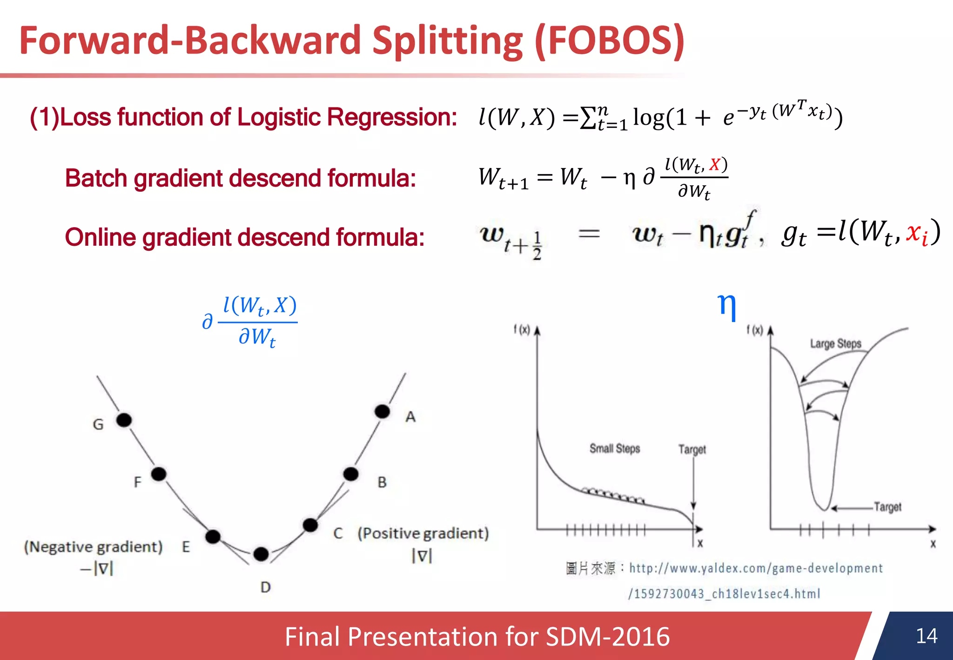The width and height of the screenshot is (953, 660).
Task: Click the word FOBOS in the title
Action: point(610,41)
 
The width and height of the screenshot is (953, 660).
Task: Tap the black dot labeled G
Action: point(124,420)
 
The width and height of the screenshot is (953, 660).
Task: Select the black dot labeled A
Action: point(382,411)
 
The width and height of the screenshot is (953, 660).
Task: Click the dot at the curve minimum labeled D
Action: point(261,554)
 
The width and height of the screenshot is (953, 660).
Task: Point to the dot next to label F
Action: point(159,474)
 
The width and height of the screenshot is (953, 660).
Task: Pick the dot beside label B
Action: point(351,474)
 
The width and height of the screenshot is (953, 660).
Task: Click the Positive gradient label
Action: point(423,533)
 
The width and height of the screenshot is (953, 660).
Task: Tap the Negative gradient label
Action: point(93,547)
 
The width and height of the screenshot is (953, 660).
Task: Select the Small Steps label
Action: point(615,449)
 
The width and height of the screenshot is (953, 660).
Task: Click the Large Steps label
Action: point(836,344)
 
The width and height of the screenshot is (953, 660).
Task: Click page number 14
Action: point(926,636)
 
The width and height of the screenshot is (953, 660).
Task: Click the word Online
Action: point(100,238)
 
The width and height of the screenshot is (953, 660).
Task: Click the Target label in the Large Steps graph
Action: point(887,507)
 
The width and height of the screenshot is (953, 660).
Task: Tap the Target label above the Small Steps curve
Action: point(692,450)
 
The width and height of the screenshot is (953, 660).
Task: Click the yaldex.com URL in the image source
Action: point(756,568)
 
